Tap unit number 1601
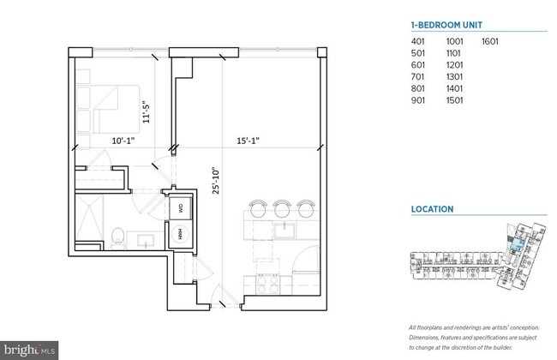point(490,41)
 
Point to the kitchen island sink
point(283,229)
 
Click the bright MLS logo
point(29,351)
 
